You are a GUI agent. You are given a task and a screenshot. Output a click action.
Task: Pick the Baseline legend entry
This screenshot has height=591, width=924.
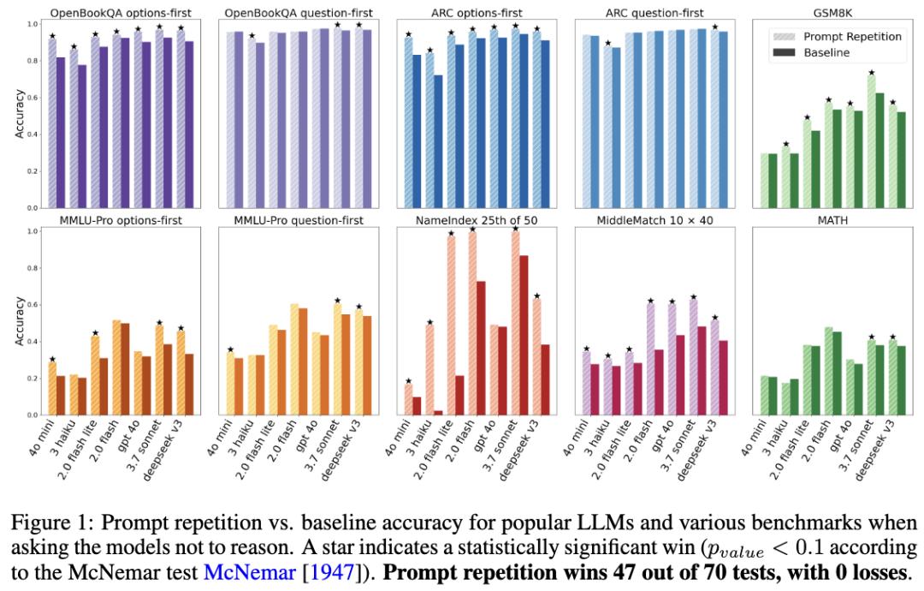tap(827, 53)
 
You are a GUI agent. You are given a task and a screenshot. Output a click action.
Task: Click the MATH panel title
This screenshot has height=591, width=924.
tap(833, 220)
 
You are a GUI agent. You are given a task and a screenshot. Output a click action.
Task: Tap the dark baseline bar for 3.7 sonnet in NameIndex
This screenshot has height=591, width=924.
tap(524, 335)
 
